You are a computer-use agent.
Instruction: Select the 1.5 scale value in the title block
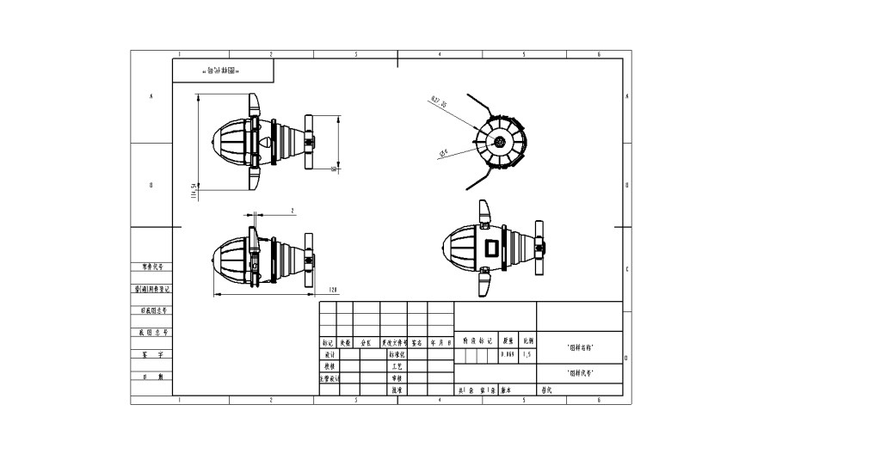click(527, 354)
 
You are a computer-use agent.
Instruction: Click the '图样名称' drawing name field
click(581, 347)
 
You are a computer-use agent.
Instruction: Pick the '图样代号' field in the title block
click(581, 373)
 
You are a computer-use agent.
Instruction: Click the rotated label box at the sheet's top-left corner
click(206, 71)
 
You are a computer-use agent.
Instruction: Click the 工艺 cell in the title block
click(397, 366)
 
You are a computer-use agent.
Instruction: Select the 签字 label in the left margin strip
click(151, 354)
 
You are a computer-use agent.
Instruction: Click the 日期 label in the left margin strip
click(151, 377)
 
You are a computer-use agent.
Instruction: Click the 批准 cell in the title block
click(397, 390)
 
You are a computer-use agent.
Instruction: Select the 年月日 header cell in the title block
click(441, 342)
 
